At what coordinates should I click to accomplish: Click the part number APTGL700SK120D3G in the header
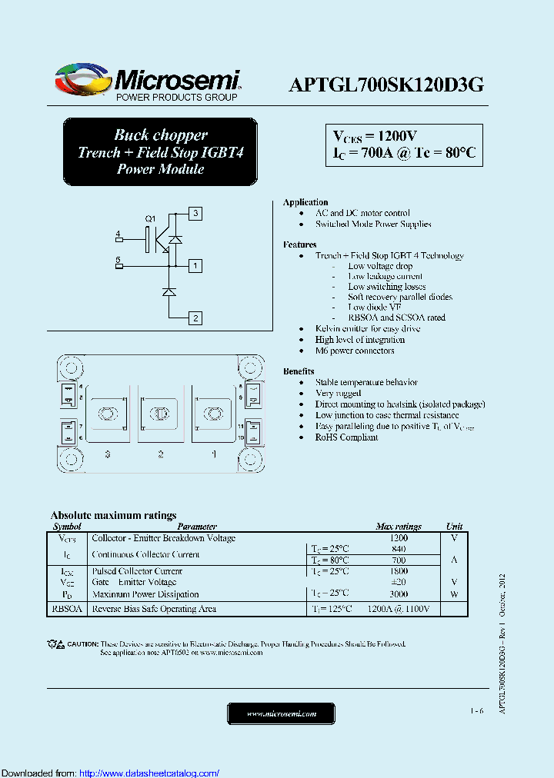click(385, 85)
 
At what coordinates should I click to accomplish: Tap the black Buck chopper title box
click(160, 152)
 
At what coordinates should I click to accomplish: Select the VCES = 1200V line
click(375, 136)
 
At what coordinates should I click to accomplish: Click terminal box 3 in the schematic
click(195, 213)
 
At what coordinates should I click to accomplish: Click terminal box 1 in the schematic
click(195, 266)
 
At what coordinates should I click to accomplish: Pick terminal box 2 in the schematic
click(195, 318)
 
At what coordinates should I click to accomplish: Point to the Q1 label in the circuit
click(151, 219)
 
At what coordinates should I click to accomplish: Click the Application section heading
click(305, 202)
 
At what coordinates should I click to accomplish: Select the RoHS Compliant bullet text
click(346, 437)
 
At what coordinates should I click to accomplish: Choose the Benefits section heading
click(299, 371)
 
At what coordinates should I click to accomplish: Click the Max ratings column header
click(398, 527)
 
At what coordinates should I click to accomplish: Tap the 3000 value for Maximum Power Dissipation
click(399, 594)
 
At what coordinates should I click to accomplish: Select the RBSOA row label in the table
click(68, 609)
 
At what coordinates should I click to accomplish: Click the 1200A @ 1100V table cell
click(399, 609)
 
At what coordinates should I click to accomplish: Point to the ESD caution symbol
click(55, 643)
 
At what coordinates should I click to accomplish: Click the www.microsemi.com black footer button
click(281, 713)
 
